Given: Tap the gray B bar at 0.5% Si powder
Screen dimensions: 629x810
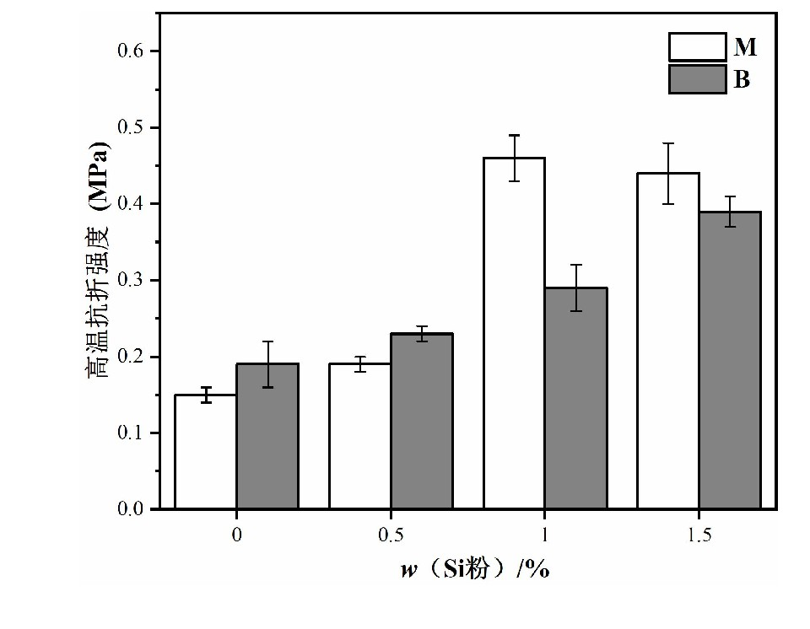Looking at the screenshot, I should point(421,422).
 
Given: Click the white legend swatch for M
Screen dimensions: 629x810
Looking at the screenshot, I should point(697,47).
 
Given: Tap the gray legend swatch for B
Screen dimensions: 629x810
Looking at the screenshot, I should point(697,79).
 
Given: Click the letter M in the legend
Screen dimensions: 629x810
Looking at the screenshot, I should point(745,47).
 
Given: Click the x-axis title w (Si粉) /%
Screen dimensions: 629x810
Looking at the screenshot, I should point(475,569).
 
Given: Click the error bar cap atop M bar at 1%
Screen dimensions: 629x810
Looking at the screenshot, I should point(514,135).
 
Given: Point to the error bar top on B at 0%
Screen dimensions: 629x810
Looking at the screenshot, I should point(267,341).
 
